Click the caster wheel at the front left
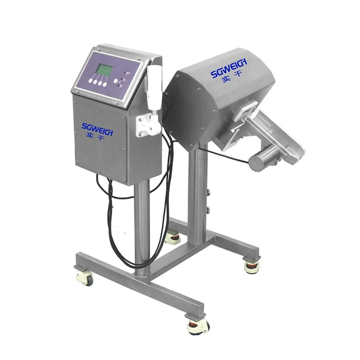[x=85, y=277]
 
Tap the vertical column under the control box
[x=142, y=228]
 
